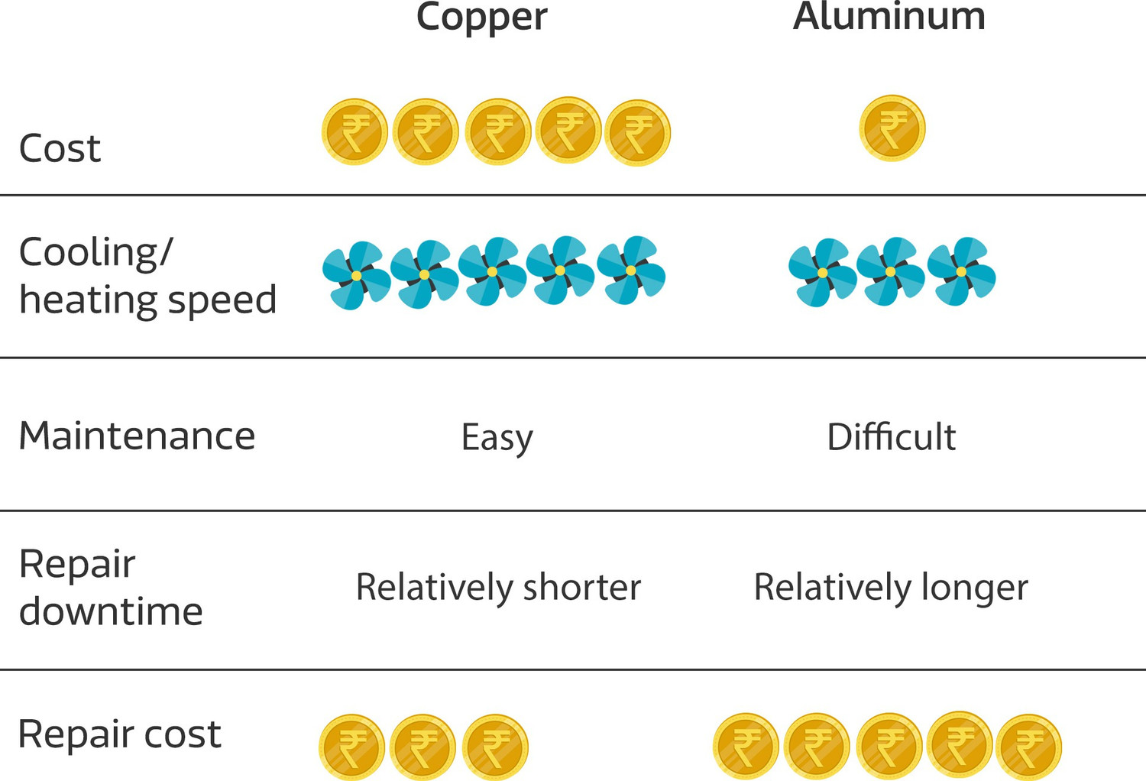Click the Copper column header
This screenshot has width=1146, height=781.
481,17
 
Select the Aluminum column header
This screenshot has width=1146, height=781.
889,17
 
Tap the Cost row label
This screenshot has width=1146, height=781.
60,148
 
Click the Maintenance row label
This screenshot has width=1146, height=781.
137,436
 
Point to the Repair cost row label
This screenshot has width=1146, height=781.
119,734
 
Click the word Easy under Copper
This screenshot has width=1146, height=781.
497,438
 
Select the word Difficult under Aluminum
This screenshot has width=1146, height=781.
891,437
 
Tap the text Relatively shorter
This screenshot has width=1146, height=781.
498,588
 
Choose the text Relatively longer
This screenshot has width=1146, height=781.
891,588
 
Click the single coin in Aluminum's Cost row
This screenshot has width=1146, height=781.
892,128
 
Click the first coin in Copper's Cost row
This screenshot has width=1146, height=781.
354,131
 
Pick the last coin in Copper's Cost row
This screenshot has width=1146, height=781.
637,132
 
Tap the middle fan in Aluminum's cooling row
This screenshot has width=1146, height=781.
890,271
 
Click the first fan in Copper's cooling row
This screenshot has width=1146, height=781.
356,275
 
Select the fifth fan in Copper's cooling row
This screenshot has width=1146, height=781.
631,271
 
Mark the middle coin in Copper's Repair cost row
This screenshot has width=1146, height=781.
422,747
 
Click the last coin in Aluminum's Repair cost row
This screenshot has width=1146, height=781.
1028,747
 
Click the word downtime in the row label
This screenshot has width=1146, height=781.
111,611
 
